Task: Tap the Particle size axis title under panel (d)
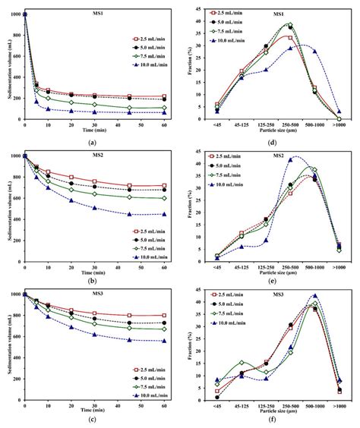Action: pyautogui.click(x=277, y=131)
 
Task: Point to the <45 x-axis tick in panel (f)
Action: pyautogui.click(x=217, y=408)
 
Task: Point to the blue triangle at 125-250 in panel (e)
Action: pyautogui.click(x=266, y=241)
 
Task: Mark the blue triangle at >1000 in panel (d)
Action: pyautogui.click(x=339, y=111)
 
